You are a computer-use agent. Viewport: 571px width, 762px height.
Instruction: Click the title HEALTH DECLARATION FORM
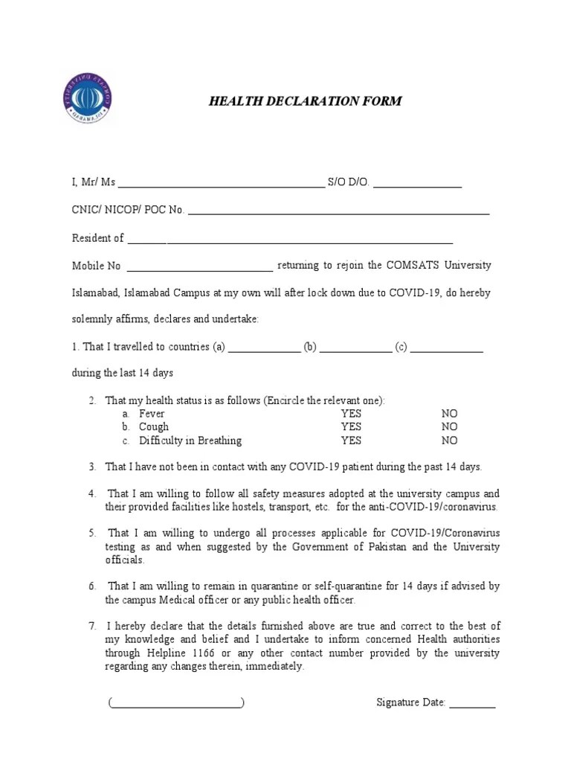[305, 101]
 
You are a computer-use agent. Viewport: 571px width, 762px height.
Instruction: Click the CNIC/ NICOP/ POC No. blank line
[339, 212]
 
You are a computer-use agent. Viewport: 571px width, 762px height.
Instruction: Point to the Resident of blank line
[290, 240]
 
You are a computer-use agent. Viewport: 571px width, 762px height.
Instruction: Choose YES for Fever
[351, 414]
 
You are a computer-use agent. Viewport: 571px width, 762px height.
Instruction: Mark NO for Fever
[449, 414]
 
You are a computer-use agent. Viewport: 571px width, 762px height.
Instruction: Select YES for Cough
[351, 427]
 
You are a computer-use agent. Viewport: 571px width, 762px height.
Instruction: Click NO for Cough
[449, 427]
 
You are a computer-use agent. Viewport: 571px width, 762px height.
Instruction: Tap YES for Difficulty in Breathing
[351, 441]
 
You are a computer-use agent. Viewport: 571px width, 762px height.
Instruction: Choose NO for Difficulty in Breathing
[449, 441]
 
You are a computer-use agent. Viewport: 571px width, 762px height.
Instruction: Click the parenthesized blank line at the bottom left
[176, 703]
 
